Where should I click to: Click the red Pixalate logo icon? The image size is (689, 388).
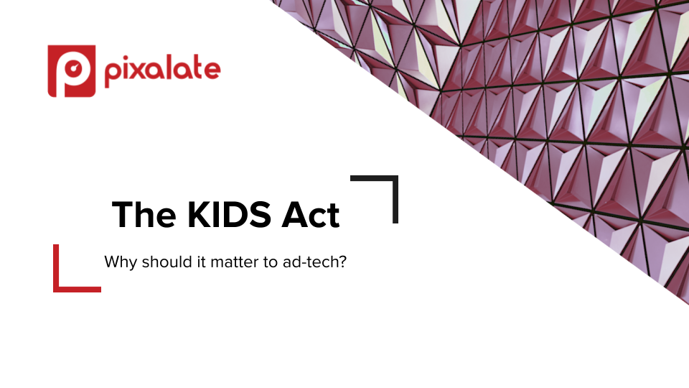[x=72, y=71]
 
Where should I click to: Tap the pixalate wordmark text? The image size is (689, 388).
[x=163, y=71]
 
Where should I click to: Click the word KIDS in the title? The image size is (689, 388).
[x=229, y=215]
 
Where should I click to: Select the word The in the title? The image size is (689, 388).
[x=144, y=215]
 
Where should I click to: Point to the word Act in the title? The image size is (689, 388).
[x=311, y=215]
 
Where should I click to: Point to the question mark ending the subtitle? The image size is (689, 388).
[x=342, y=262]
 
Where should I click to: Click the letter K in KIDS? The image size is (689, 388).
[x=199, y=215]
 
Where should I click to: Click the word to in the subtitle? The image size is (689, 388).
[x=271, y=263]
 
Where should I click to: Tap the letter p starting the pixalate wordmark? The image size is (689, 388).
[x=113, y=75]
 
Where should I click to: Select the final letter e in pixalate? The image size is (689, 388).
[x=212, y=71]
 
